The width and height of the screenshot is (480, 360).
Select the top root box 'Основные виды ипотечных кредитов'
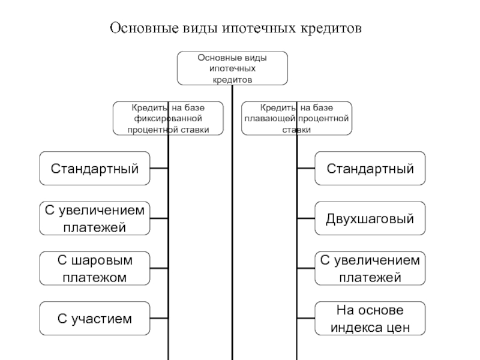click(x=232, y=68)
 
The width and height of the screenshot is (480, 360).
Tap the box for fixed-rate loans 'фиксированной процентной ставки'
click(x=168, y=118)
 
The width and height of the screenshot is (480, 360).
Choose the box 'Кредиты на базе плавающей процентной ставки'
click(x=296, y=118)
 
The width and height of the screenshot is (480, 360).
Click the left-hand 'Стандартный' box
click(x=95, y=169)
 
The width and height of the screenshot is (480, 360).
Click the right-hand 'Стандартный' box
click(x=370, y=169)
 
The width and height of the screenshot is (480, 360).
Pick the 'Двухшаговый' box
click(x=370, y=218)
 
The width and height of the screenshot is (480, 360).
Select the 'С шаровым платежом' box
click(x=95, y=268)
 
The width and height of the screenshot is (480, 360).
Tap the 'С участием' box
click(x=95, y=318)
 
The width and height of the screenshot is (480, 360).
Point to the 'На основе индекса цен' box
click(x=370, y=318)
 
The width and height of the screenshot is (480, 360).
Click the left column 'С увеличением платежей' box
click(x=95, y=218)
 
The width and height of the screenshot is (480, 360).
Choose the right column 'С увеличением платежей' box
click(x=370, y=268)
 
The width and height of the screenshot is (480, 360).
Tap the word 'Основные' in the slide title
click(x=141, y=28)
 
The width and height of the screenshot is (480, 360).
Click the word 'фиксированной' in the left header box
click(x=168, y=118)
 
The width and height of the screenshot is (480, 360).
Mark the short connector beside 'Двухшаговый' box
click(x=306, y=218)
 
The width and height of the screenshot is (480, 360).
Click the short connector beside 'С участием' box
click(x=159, y=318)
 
